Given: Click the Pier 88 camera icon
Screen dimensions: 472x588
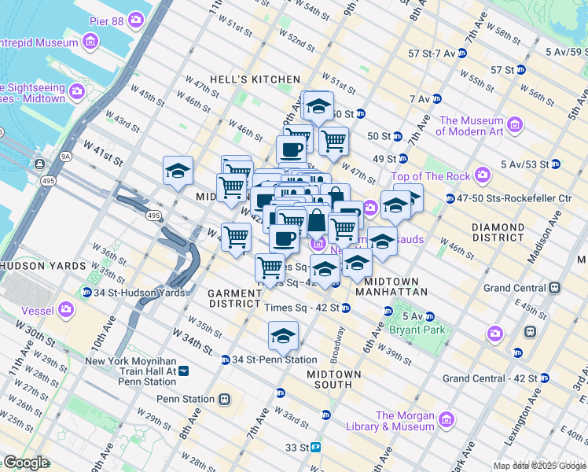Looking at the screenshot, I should [138, 18].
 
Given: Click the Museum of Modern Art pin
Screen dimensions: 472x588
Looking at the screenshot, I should [515, 124].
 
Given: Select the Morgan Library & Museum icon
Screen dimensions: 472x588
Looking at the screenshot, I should [447, 418].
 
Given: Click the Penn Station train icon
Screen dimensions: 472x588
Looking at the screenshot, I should [225, 399].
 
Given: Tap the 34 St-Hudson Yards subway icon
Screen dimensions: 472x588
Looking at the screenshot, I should [86, 293].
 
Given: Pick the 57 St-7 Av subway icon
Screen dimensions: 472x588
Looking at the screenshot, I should [462, 53].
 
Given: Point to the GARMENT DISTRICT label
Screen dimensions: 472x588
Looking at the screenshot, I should [234, 298].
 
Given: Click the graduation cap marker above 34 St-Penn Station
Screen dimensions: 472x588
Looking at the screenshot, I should [283, 337].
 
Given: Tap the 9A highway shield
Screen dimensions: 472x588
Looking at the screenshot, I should [66, 157].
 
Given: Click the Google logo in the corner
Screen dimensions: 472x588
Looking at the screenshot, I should [25, 463].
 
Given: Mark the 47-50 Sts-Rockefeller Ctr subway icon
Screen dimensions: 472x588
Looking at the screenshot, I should [450, 198].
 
